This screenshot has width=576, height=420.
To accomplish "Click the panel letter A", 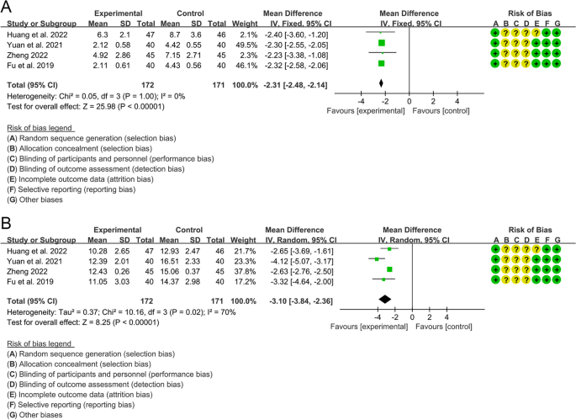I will tap(8, 8).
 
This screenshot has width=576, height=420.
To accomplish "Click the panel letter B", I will tap(8, 225).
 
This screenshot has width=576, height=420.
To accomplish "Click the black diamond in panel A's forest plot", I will tap(381, 82).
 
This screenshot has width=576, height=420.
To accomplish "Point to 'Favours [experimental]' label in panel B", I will tap(370, 327).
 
